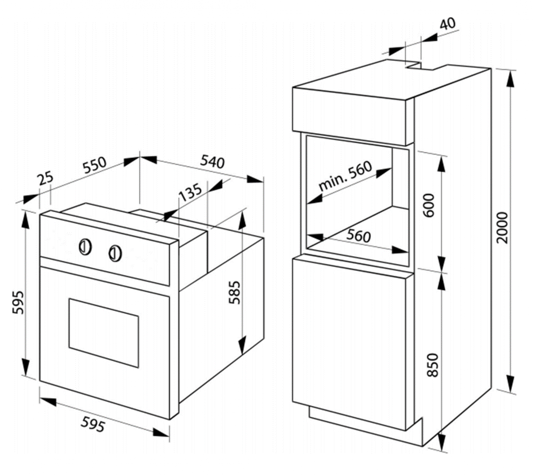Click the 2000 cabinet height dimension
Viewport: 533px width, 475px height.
coord(502,228)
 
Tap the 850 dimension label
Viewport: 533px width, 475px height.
coord(433,365)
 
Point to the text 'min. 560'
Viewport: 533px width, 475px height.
coord(345,176)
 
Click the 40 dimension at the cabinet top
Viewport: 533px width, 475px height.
coord(447,24)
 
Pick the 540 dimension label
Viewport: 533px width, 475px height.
coord(213,162)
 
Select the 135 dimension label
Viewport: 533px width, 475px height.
coord(190,192)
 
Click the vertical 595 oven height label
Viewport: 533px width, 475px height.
coord(18,302)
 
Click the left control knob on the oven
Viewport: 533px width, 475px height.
coord(85,247)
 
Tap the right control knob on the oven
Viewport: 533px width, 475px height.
coord(115,254)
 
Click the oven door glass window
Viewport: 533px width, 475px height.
coord(104,333)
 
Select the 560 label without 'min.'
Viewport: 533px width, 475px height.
coord(358,236)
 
